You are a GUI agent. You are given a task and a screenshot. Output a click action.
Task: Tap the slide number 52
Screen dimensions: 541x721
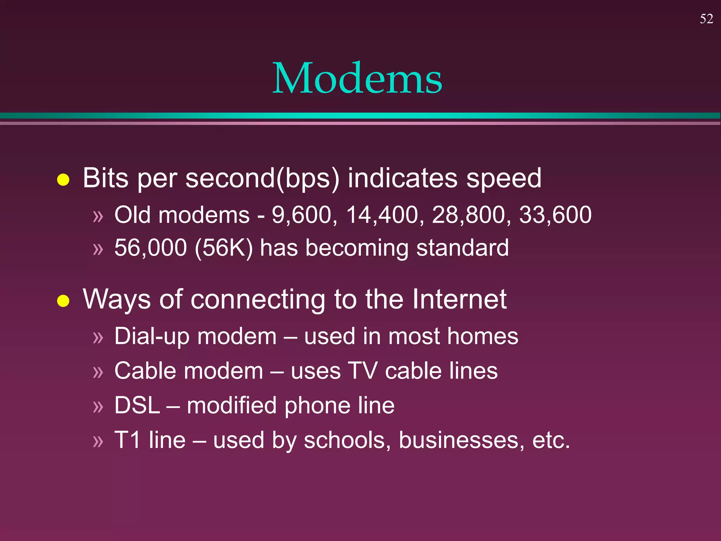(x=706, y=19)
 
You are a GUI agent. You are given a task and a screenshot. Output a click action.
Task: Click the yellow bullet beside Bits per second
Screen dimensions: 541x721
(x=63, y=180)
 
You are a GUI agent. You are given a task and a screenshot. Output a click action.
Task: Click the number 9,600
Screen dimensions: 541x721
(x=302, y=215)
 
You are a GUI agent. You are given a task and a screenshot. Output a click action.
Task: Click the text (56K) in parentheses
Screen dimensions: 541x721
(x=224, y=248)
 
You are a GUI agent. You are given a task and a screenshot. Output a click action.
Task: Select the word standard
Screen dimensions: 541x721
(x=462, y=248)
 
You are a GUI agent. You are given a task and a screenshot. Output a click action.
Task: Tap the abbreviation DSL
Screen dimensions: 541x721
(x=137, y=405)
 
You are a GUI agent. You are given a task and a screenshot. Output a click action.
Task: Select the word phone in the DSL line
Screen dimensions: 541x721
(x=317, y=405)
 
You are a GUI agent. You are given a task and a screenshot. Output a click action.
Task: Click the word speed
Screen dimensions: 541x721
(x=504, y=178)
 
